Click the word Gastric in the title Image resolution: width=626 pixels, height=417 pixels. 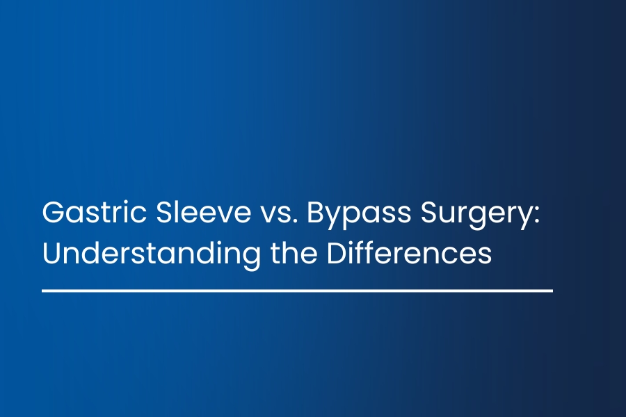(x=94, y=212)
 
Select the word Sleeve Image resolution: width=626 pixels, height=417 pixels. (x=203, y=212)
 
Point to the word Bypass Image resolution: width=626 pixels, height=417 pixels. (x=358, y=215)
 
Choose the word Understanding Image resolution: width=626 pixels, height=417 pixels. (x=152, y=255)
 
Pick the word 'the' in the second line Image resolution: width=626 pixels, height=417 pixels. (x=294, y=253)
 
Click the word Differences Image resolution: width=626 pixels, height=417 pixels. (x=409, y=253)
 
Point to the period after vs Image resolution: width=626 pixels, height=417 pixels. (x=295, y=221)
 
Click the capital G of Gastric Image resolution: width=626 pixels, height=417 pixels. (x=53, y=212)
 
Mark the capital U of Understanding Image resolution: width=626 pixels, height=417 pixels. (x=51, y=253)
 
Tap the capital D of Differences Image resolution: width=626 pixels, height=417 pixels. (x=337, y=252)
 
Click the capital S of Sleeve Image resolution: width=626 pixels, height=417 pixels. (x=164, y=212)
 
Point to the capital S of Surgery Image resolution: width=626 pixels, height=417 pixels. (x=428, y=212)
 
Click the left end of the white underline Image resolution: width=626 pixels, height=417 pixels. (x=42, y=291)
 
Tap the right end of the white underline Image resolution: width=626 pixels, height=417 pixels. (x=552, y=291)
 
